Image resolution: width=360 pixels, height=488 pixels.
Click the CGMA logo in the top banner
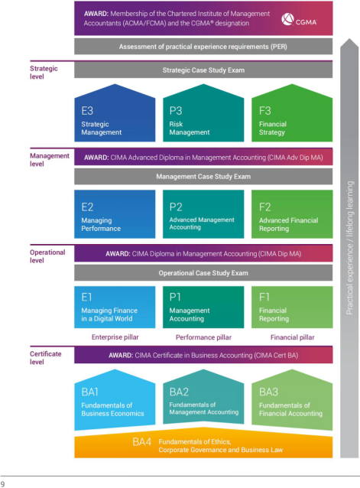point(299,19)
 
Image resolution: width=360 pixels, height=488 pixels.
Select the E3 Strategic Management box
point(115,113)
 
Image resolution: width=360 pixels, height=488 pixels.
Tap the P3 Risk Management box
point(203,113)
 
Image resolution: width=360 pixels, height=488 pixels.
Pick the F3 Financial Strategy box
point(292,113)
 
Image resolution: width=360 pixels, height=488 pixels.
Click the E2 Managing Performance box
point(115,214)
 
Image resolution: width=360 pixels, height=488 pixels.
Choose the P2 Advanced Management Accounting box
point(203,214)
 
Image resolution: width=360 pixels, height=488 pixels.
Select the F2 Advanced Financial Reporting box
point(292,214)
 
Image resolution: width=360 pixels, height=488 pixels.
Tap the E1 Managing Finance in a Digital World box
point(115,307)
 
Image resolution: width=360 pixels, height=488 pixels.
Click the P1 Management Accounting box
point(203,307)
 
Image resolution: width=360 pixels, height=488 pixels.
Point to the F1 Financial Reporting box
point(292,307)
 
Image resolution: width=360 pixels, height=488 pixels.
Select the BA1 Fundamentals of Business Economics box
point(115,400)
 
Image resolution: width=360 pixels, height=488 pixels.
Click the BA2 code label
point(179,392)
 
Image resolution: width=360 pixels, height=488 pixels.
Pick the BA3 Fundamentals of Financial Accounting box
point(292,400)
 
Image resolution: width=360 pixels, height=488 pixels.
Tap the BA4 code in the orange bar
point(141,441)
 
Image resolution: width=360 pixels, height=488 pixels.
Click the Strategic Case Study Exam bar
point(203,70)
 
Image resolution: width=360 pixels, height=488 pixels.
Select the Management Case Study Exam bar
point(203,177)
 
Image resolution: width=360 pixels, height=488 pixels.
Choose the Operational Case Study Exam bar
point(203,273)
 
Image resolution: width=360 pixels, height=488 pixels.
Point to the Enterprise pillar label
point(115,337)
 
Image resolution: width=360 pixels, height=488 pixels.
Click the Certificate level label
point(45,358)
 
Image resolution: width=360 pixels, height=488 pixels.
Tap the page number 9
point(2,484)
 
